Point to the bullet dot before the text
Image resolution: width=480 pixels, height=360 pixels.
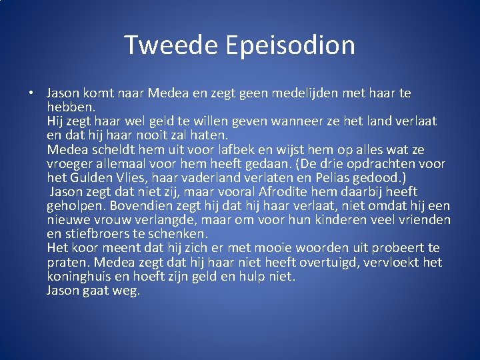tap(32, 93)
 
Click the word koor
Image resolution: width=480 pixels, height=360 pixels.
tap(83, 248)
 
